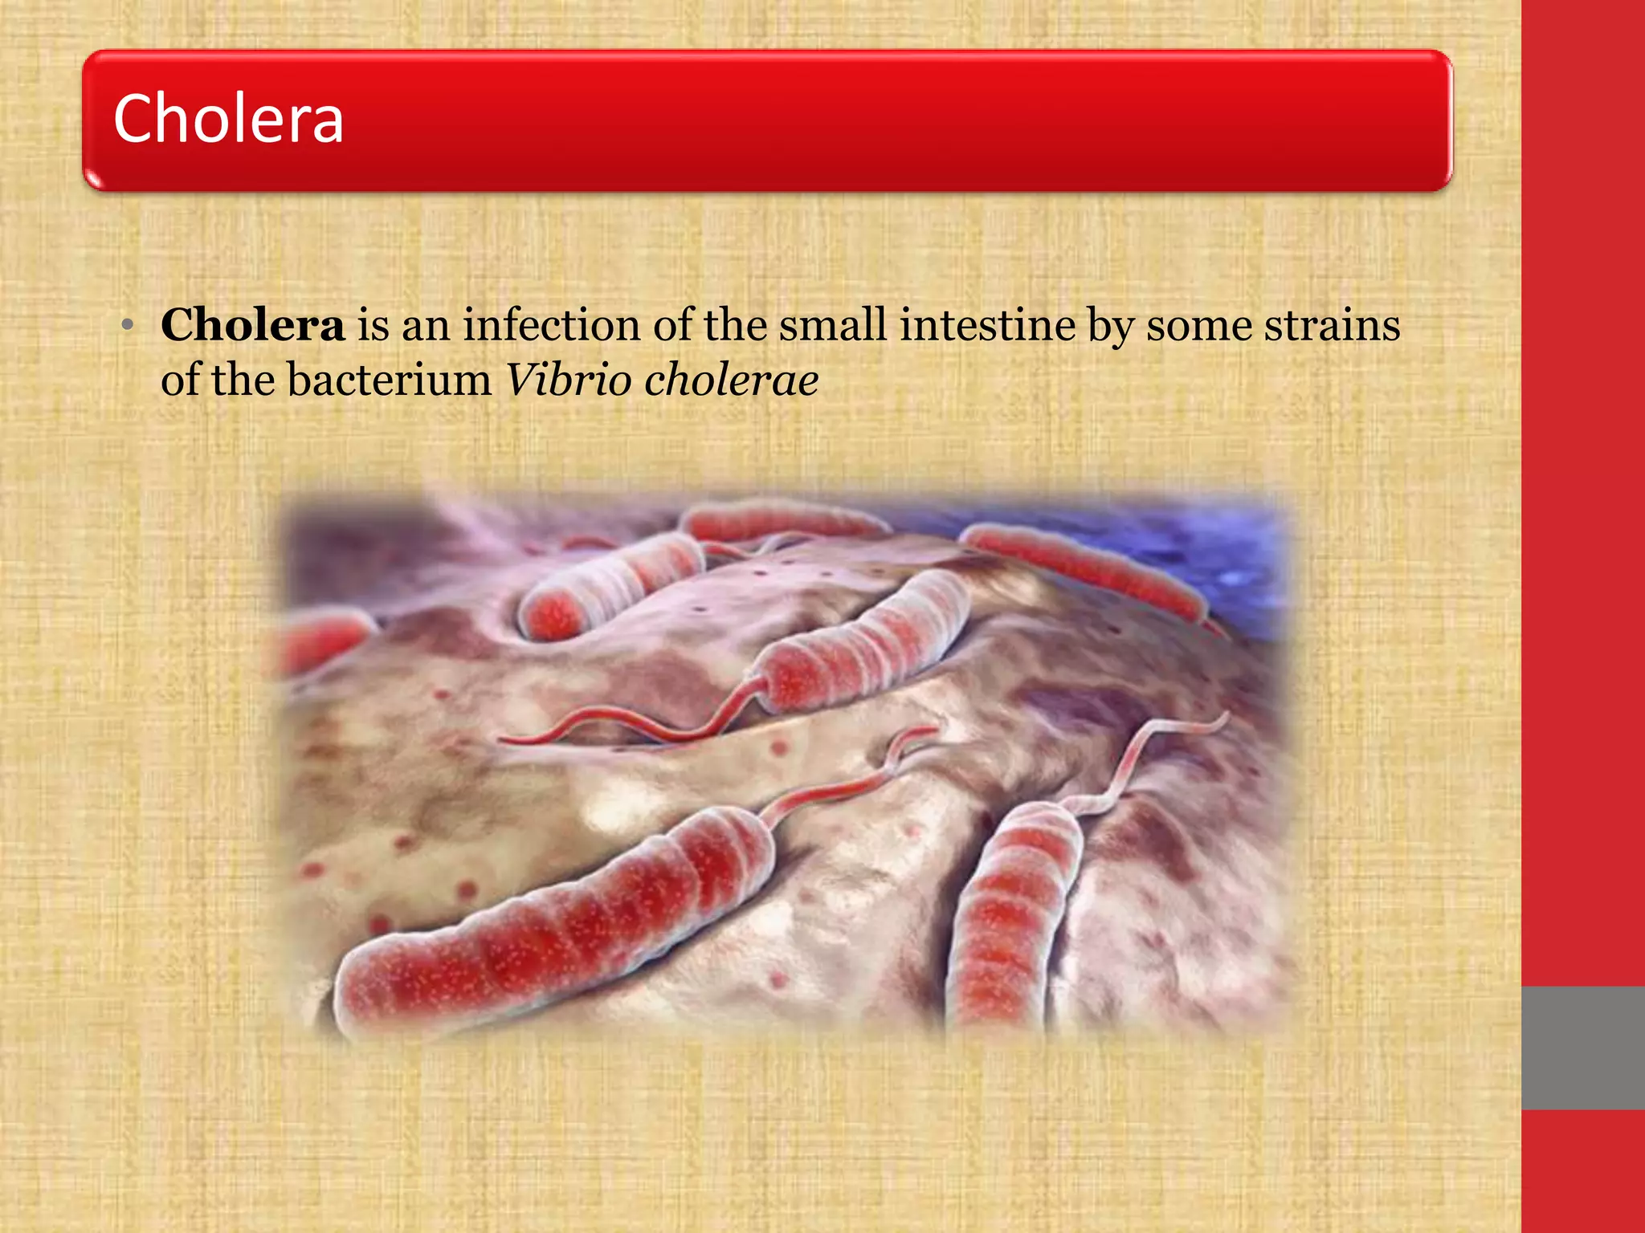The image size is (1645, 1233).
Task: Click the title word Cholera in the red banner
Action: (229, 119)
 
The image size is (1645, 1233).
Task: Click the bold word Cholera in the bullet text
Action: (252, 325)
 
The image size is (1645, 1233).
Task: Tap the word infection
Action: (551, 325)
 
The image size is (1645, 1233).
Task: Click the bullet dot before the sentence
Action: (127, 326)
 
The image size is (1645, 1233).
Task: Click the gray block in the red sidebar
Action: (1583, 1048)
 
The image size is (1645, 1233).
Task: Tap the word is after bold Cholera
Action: (373, 325)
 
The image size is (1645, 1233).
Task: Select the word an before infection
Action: (426, 325)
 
